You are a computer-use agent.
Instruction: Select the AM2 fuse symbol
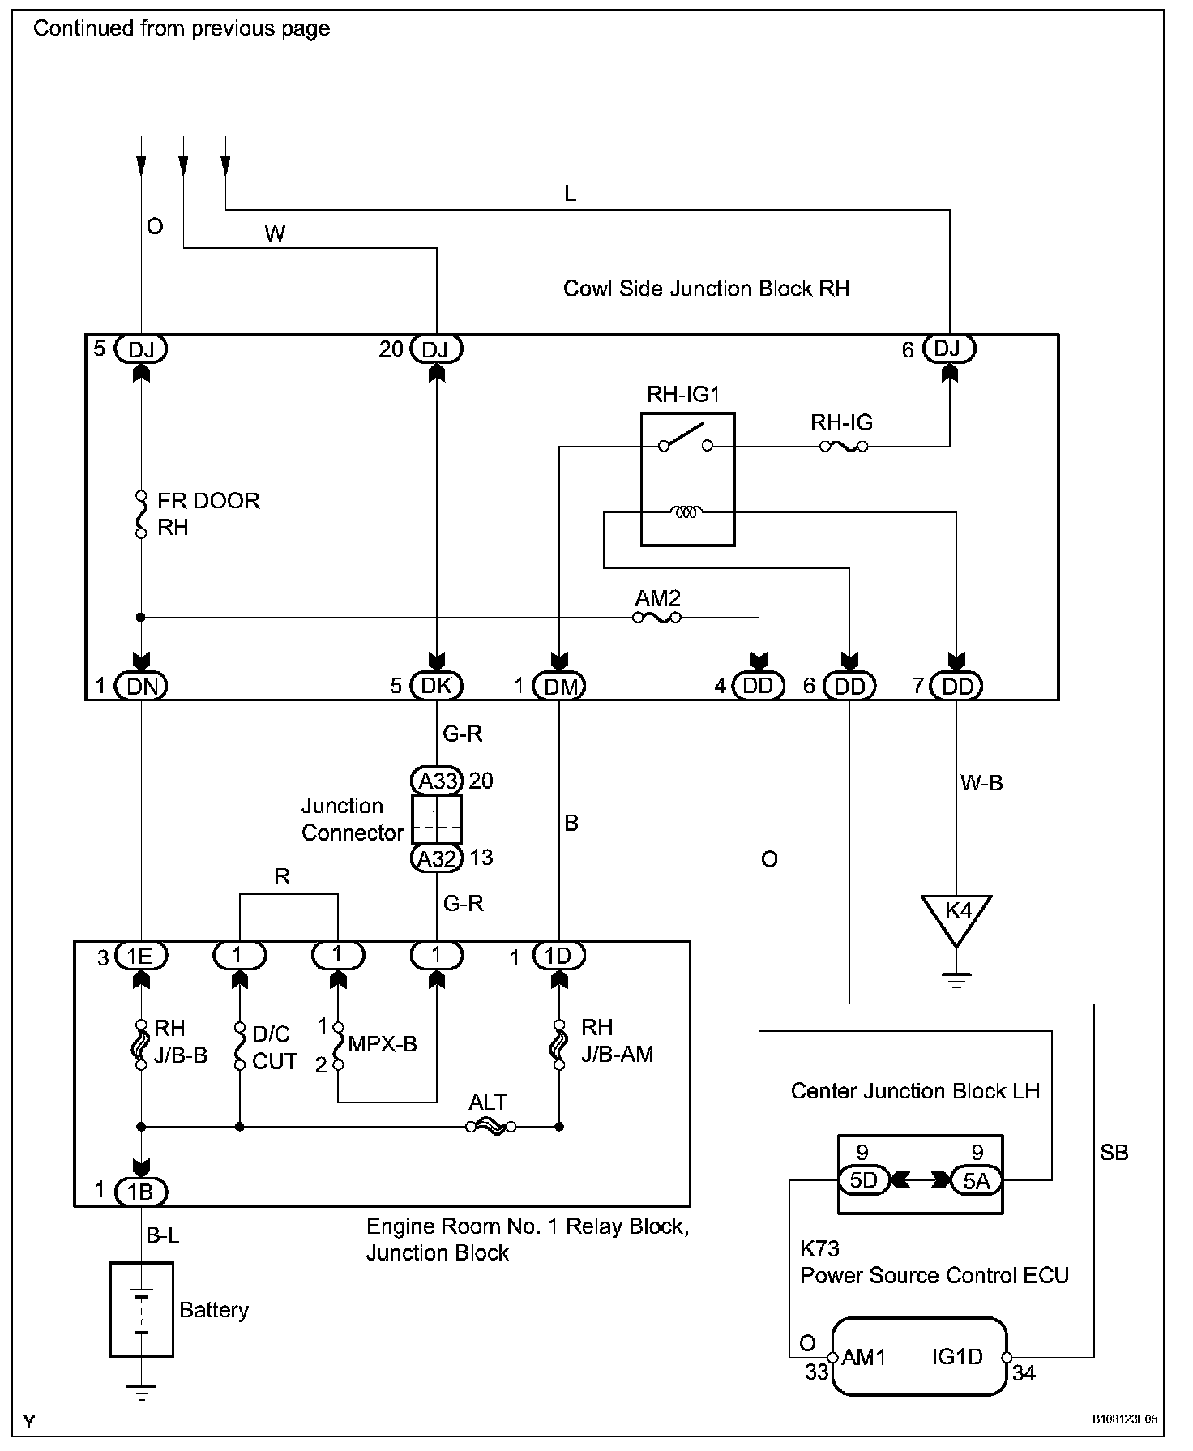pyautogui.click(x=656, y=618)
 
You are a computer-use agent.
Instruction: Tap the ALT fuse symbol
pyautogui.click(x=491, y=1126)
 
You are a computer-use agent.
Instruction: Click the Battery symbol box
pyautogui.click(x=141, y=1309)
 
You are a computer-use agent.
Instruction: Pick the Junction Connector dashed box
pyautogui.click(x=437, y=820)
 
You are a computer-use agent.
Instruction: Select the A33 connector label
pyautogui.click(x=437, y=781)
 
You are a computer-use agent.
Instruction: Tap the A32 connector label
pyautogui.click(x=437, y=858)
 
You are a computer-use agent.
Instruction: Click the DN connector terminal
pyautogui.click(x=141, y=686)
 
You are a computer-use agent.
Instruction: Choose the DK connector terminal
pyautogui.click(x=437, y=686)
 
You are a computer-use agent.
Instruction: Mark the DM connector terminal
pyautogui.click(x=559, y=686)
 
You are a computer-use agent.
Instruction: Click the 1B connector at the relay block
pyautogui.click(x=141, y=1191)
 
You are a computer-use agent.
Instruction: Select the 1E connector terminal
pyautogui.click(x=141, y=957)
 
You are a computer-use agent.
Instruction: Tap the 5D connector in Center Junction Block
pyautogui.click(x=864, y=1180)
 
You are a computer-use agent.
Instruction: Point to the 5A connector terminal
pyautogui.click(x=976, y=1180)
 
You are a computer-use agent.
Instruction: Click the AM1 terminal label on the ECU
pyautogui.click(x=864, y=1357)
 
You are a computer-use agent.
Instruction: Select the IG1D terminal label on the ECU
pyautogui.click(x=957, y=1357)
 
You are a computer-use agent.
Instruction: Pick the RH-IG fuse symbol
pyautogui.click(x=844, y=446)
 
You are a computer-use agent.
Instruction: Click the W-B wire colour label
pyautogui.click(x=981, y=783)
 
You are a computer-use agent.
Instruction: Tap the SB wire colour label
pyautogui.click(x=1114, y=1153)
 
